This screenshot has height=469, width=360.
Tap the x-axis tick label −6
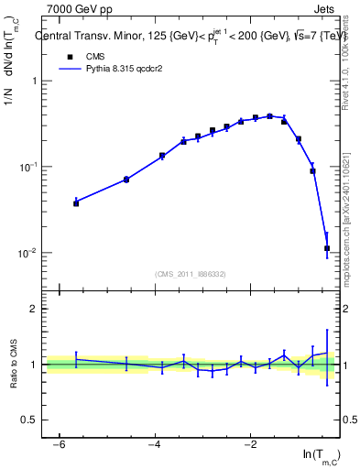59,444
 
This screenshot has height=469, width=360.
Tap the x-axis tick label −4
154,444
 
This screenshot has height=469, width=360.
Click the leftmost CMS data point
76,203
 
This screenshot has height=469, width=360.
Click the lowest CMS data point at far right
327,248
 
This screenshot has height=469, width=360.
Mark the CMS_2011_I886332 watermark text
192,274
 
